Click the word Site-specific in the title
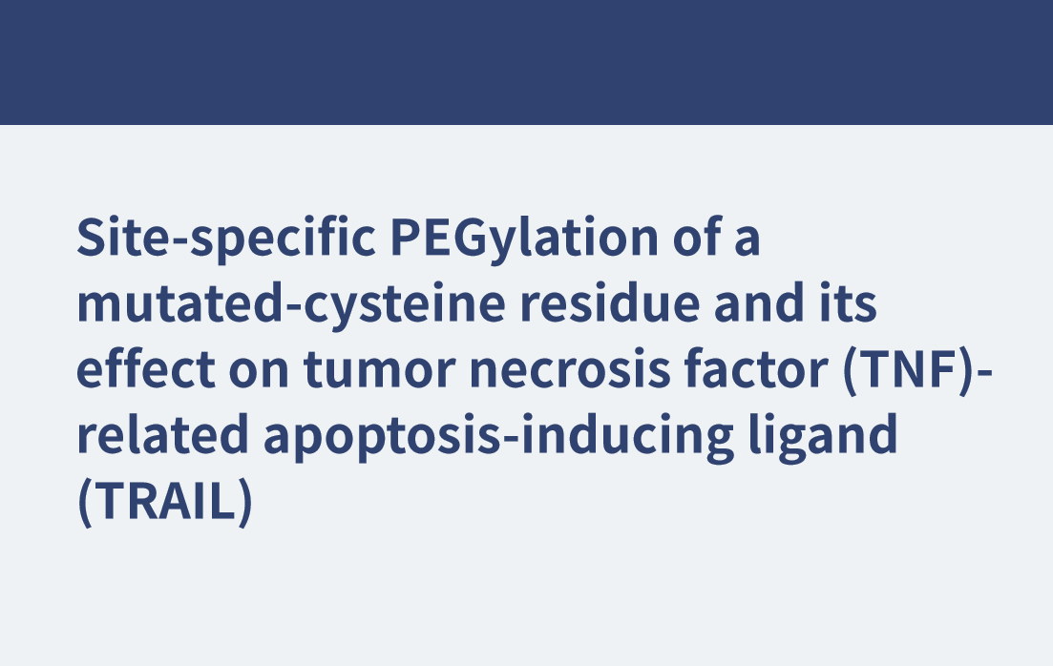226,239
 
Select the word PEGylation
524,239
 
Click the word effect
146,368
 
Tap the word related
163,434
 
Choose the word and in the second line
759,303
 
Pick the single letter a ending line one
748,241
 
